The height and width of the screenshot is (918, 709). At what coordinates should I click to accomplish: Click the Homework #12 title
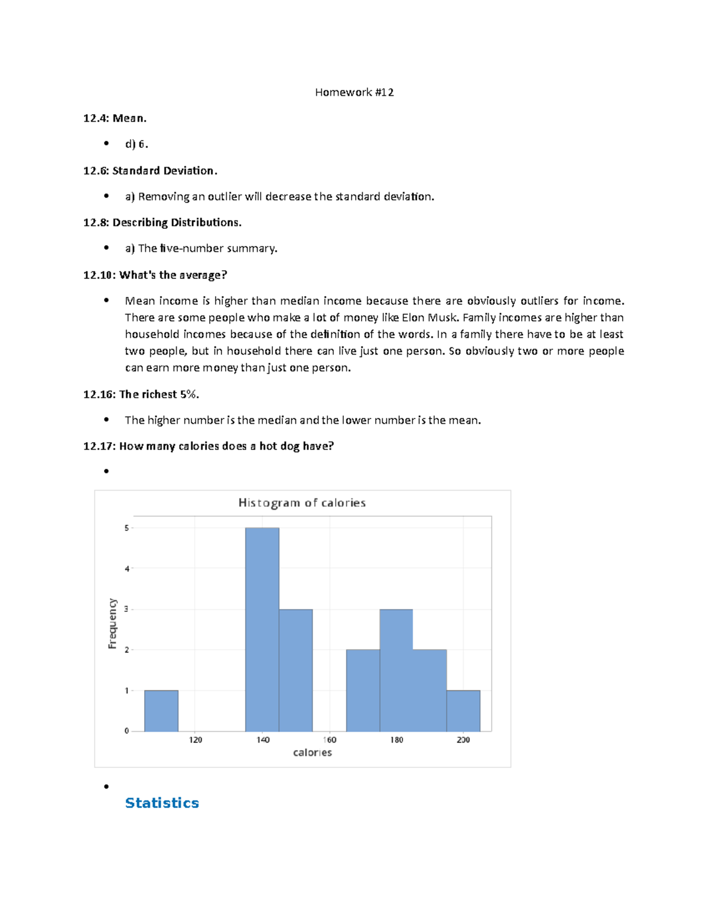(x=354, y=92)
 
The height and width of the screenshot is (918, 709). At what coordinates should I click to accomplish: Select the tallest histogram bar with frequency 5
(x=262, y=629)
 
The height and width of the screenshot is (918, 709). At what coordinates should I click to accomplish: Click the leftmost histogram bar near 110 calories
(x=161, y=711)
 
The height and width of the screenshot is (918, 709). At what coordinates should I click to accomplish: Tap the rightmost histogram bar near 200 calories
(x=463, y=711)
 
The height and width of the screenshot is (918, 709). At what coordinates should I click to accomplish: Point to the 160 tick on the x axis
(x=330, y=739)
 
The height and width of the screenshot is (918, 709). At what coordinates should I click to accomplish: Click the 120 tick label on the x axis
(x=196, y=739)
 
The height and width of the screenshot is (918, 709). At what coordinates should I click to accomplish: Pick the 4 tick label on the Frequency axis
(x=126, y=569)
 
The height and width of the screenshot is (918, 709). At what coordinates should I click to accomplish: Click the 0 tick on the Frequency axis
(x=126, y=731)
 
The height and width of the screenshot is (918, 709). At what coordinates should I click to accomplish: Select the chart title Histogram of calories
(x=302, y=503)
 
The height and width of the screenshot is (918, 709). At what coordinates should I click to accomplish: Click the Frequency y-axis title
(x=112, y=624)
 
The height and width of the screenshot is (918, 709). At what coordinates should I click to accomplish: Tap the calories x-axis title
(x=313, y=752)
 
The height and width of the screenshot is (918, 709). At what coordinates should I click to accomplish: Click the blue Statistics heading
(x=162, y=803)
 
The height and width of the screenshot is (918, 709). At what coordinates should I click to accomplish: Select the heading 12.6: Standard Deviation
(x=150, y=171)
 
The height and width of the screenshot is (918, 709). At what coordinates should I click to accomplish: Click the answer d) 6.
(x=136, y=144)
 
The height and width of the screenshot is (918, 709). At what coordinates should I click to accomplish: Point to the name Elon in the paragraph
(x=412, y=317)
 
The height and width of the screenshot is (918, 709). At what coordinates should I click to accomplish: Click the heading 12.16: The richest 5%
(x=141, y=394)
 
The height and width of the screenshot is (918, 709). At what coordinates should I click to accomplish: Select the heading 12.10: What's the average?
(x=155, y=275)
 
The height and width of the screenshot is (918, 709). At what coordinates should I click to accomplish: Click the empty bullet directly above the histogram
(x=106, y=471)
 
